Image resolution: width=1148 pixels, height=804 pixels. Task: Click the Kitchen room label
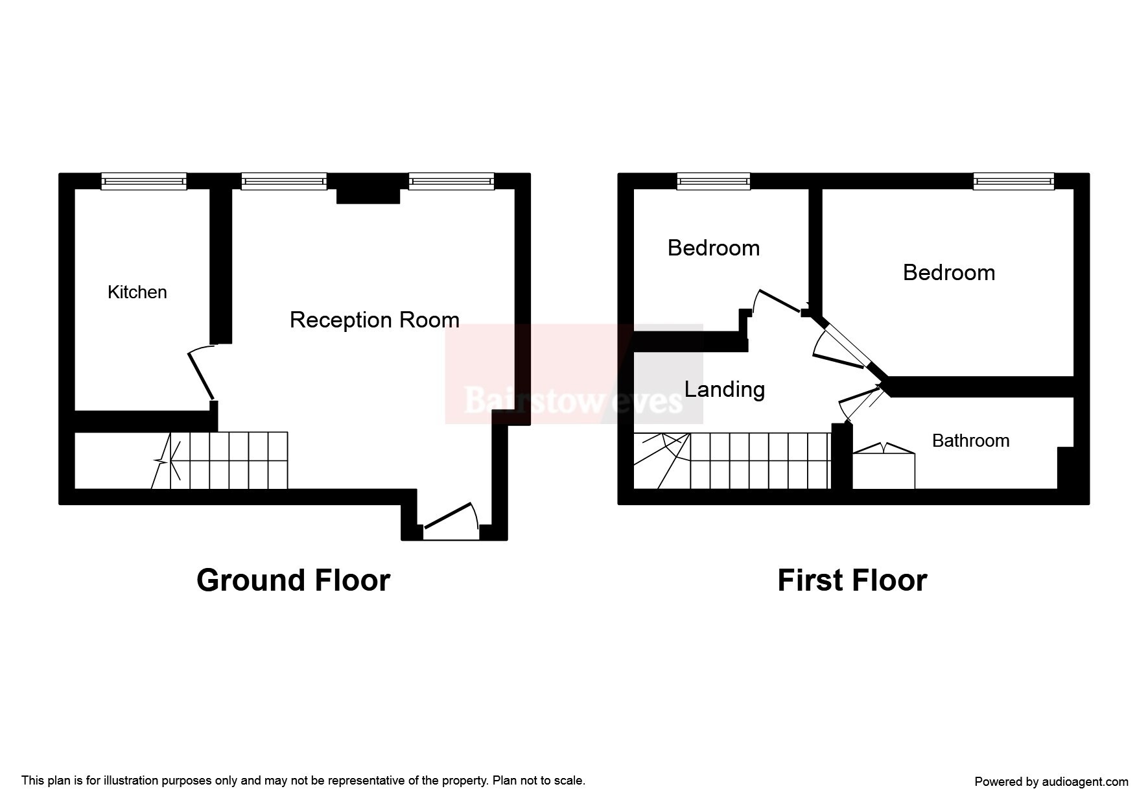click(x=137, y=292)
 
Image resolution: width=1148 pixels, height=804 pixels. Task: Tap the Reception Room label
click(x=375, y=320)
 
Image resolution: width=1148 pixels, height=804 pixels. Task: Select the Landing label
click(x=725, y=389)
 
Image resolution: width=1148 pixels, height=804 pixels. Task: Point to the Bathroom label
click(x=970, y=441)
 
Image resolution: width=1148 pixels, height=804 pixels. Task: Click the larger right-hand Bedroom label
click(x=949, y=272)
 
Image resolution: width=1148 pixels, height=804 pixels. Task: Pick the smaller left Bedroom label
click(x=714, y=248)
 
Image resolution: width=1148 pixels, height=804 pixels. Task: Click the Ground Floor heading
click(x=293, y=580)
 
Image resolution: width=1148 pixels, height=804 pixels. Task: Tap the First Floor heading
click(x=852, y=580)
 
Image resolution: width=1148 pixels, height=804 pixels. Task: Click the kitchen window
click(x=144, y=182)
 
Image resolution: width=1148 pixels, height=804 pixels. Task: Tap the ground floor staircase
click(x=220, y=460)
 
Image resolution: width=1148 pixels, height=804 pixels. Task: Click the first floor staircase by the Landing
click(x=732, y=461)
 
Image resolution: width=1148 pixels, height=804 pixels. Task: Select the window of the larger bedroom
click(x=1014, y=182)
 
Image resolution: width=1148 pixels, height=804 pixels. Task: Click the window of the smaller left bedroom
click(x=714, y=182)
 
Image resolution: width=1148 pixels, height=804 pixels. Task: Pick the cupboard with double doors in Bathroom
click(x=884, y=466)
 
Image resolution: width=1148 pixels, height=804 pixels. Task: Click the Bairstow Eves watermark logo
click(x=574, y=374)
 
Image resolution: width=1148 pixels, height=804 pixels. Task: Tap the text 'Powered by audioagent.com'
click(x=1051, y=782)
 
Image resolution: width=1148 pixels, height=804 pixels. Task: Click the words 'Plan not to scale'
click(x=538, y=781)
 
